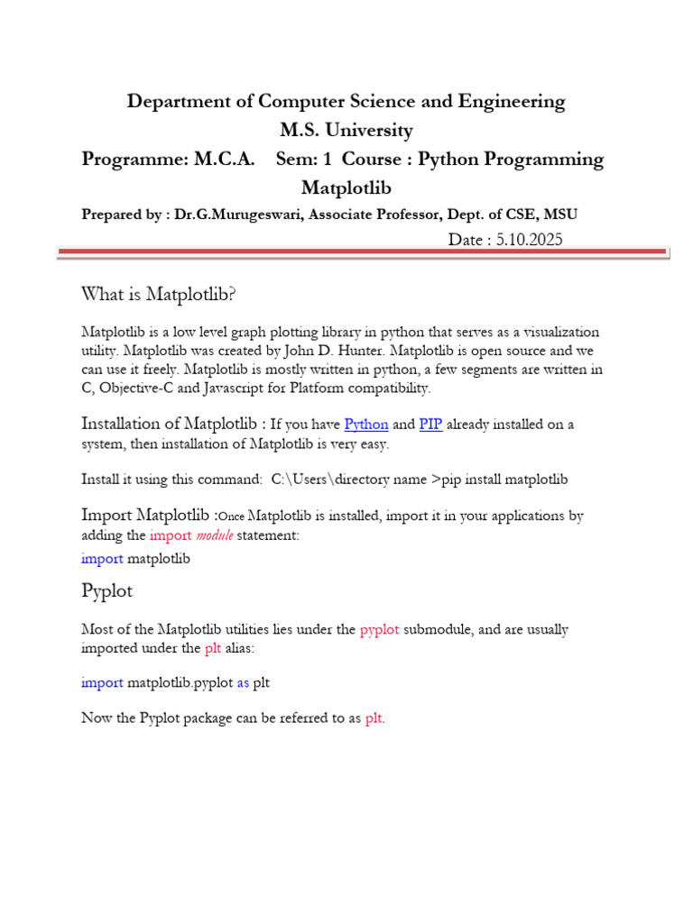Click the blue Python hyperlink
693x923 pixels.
click(366, 424)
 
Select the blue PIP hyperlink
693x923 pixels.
click(430, 424)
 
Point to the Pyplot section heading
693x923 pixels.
click(107, 591)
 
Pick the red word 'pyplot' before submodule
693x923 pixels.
click(379, 629)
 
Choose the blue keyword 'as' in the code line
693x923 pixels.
click(243, 682)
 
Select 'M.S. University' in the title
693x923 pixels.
click(346, 130)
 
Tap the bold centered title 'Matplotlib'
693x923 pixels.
click(346, 187)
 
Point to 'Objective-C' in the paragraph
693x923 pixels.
click(135, 388)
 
